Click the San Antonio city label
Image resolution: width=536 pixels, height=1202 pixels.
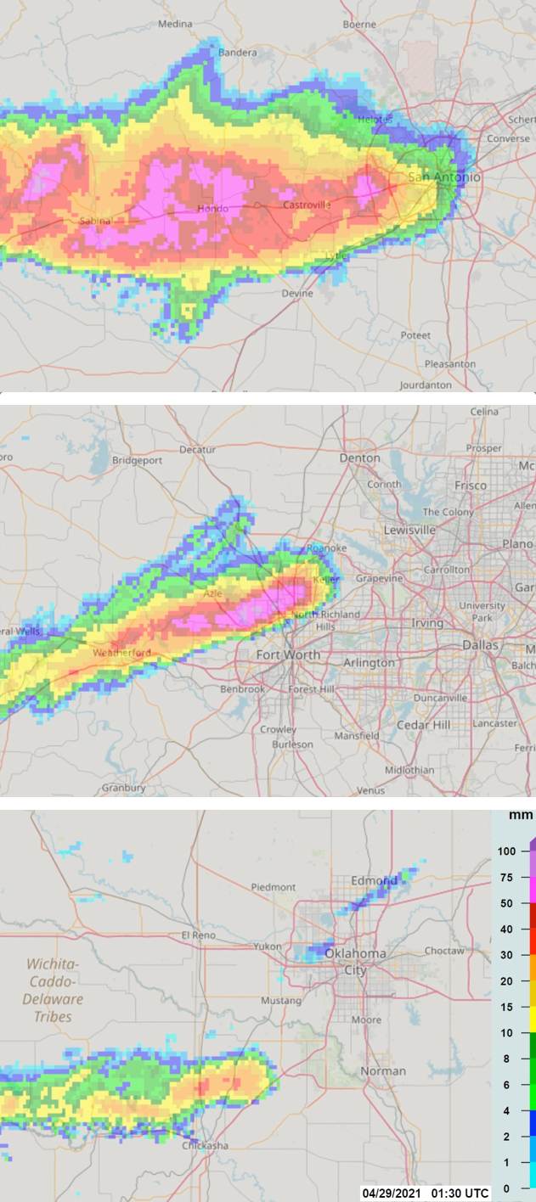[x=443, y=177]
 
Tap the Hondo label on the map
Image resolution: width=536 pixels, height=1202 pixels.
[x=212, y=209]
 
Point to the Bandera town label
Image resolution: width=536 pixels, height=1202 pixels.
[x=238, y=53]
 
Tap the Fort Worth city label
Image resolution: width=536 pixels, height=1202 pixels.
[x=289, y=654]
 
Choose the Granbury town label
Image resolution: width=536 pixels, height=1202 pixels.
[x=123, y=788]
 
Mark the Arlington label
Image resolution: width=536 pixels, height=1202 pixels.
[x=370, y=662]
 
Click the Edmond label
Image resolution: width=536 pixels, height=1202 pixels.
[x=375, y=880]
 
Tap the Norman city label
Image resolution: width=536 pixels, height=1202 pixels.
[x=383, y=1071]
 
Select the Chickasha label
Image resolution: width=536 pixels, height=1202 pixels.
[x=205, y=1145]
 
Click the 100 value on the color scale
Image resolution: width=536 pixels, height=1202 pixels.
[x=507, y=851]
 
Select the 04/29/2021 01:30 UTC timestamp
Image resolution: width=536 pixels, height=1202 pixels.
[x=426, y=1193]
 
